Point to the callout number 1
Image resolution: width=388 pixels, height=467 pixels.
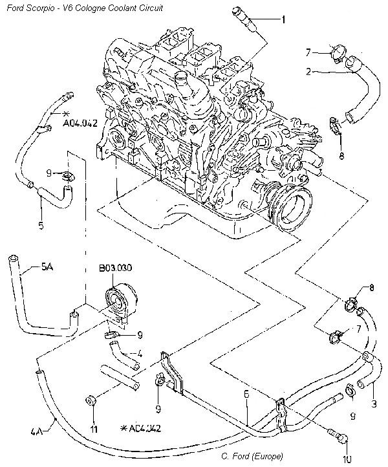tap(283, 19)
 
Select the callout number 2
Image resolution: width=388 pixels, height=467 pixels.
tap(310, 72)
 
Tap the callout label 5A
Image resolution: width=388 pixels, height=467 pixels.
tap(47, 266)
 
